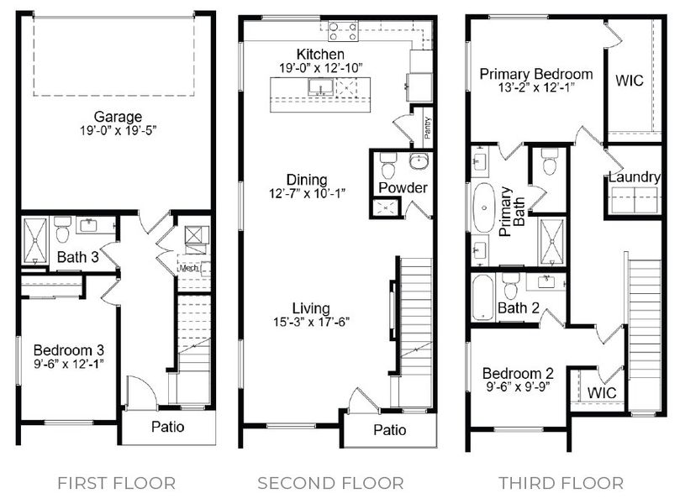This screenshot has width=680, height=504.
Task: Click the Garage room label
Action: [x=118, y=117]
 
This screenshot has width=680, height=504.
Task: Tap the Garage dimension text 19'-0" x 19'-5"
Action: [x=118, y=131]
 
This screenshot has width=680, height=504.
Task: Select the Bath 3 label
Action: [x=78, y=257]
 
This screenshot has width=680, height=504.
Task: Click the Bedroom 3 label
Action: [x=68, y=349]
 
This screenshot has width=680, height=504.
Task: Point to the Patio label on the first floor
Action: [x=168, y=427]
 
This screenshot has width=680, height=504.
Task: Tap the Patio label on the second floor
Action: [x=389, y=430]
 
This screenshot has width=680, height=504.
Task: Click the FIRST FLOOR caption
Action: [x=116, y=483]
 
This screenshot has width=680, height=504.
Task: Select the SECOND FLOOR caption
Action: [x=330, y=483]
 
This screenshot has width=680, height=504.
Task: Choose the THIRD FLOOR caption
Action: [x=561, y=483]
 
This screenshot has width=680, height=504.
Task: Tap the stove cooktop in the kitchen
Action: [x=342, y=31]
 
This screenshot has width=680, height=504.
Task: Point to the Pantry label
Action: [x=427, y=127]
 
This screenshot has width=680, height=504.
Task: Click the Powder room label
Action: [x=402, y=187]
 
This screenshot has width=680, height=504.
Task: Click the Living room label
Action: [x=311, y=307]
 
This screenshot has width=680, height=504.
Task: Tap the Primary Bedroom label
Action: [x=535, y=74]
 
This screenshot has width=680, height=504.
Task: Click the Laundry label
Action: [x=634, y=177]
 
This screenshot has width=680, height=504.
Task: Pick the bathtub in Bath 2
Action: [x=482, y=297]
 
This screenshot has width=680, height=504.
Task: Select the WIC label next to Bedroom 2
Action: [x=601, y=392]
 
